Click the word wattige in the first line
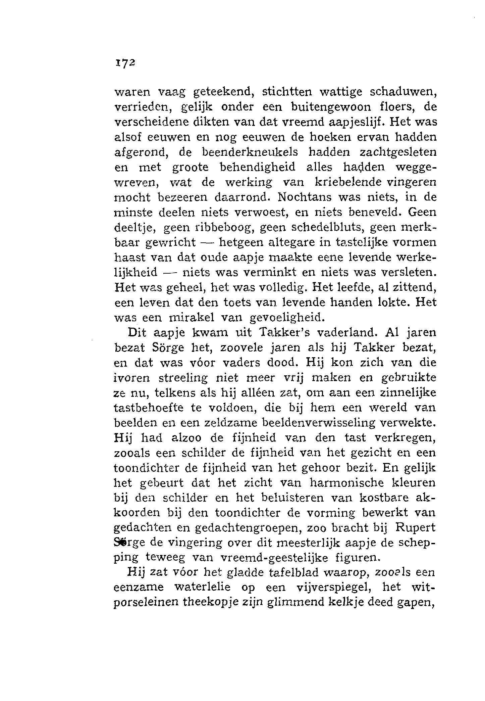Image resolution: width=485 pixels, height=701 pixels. tap(339, 92)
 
